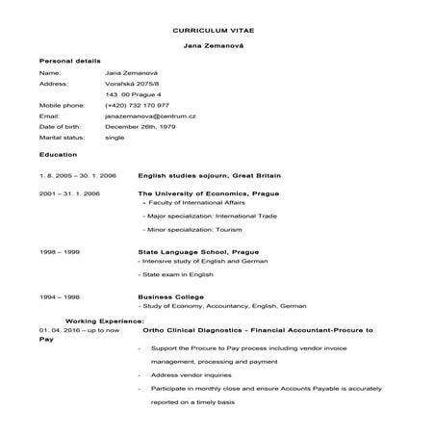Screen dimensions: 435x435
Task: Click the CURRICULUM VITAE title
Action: coord(217,31)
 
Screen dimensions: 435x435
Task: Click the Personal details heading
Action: coord(66,61)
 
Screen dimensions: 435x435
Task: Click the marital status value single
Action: coord(115,138)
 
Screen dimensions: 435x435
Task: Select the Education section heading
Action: coord(58,154)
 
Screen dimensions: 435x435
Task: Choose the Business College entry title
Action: coord(170,296)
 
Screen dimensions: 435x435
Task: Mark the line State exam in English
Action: coord(174,274)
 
